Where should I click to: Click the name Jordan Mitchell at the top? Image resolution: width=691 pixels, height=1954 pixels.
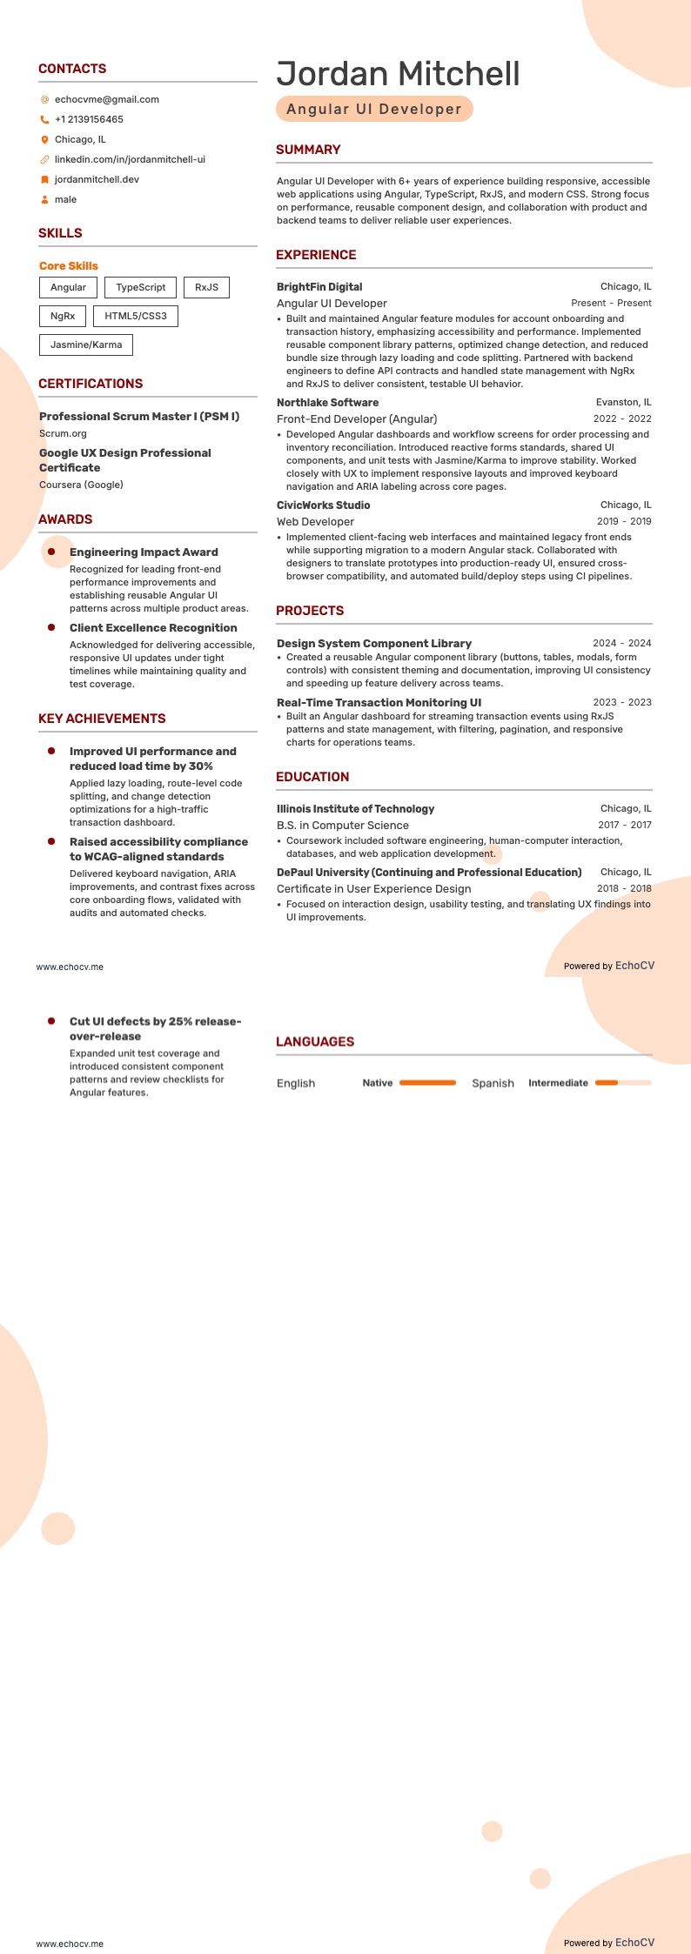point(398,74)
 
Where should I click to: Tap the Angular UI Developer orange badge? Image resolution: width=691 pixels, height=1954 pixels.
point(374,109)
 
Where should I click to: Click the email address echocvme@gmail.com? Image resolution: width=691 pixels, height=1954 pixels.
point(106,99)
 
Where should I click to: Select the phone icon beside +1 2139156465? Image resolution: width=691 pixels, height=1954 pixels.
point(44,120)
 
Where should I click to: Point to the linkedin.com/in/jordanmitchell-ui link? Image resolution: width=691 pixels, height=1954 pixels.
point(130,159)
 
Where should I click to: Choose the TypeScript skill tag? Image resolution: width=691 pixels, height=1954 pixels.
point(140,287)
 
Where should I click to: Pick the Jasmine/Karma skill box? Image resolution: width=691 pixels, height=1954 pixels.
point(86,345)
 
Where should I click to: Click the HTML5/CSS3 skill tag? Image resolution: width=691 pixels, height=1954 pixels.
point(136,316)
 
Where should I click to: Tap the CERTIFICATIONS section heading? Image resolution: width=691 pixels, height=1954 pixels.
point(91,384)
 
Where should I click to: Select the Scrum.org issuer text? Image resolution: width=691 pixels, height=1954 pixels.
point(63,433)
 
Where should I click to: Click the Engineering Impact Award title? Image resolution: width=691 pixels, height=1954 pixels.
point(144,552)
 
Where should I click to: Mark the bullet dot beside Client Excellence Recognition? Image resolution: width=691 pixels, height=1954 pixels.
point(51,627)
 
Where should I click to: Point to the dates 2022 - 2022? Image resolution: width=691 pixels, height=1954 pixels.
point(622,418)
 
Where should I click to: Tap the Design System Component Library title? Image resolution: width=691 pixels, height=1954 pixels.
point(374,644)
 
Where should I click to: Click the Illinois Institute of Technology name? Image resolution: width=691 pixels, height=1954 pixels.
point(355,809)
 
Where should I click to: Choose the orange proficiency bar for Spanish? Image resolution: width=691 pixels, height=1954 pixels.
point(623,1083)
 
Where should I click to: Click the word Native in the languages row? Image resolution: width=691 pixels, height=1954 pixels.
point(378,1083)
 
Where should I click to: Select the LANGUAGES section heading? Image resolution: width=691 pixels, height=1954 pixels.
point(315,1041)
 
